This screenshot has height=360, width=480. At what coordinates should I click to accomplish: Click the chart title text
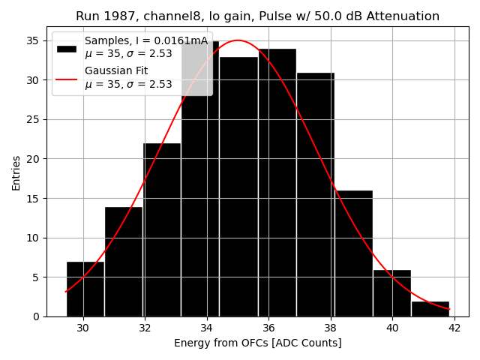click(257, 16)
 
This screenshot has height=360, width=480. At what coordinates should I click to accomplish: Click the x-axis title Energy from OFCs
click(257, 343)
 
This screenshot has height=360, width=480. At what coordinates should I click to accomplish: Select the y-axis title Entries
click(16, 172)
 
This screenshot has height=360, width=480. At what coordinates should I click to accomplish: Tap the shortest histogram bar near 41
click(430, 308)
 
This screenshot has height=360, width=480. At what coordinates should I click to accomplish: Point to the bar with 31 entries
click(316, 194)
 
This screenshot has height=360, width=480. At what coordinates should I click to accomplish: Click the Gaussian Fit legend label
click(116, 70)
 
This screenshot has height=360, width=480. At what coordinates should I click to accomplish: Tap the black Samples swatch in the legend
click(67, 48)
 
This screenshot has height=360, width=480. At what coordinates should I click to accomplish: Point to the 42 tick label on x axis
click(454, 328)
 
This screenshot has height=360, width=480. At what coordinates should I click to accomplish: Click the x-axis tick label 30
click(82, 328)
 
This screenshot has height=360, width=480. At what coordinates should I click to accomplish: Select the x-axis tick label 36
click(268, 328)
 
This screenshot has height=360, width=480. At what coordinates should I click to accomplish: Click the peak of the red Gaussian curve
click(238, 40)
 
